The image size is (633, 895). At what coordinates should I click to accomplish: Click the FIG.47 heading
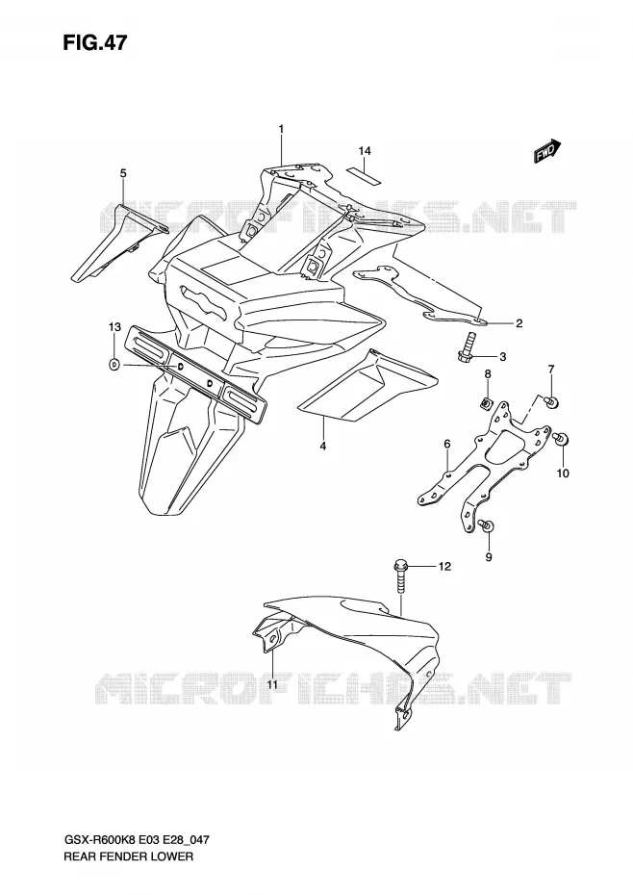point(95,42)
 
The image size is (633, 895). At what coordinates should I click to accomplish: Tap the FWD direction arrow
point(548,151)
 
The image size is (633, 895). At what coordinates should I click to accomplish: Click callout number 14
point(365,151)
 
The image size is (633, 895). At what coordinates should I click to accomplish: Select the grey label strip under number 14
point(365,174)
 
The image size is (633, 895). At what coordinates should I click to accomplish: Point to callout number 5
point(123,173)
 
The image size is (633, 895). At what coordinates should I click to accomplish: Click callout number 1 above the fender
point(282,130)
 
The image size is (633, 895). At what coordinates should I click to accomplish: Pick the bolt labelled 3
point(465,347)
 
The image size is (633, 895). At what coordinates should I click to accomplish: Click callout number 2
point(519,323)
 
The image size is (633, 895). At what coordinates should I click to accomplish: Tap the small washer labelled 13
point(114,364)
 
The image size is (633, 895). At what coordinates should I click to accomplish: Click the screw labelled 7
point(552,402)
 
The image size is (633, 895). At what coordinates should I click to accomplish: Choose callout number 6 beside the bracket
point(447,444)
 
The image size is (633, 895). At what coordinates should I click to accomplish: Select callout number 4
point(323,446)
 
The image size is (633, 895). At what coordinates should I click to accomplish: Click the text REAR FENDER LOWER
point(129,857)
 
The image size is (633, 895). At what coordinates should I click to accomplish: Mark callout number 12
point(444,566)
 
